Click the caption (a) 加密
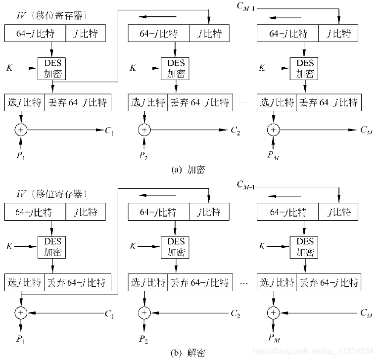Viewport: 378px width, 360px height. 188,170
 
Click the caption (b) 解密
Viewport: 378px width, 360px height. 188,352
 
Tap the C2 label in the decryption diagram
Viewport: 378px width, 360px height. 236,313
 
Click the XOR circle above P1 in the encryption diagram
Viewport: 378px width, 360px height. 21,130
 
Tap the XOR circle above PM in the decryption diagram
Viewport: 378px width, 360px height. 273,313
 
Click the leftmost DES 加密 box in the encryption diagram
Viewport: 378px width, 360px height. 52,68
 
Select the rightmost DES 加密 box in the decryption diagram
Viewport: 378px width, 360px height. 305,247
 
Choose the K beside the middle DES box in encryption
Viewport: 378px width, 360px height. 133,67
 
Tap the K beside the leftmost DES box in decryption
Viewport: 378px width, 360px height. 10,246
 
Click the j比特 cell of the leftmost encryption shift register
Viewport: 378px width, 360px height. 85,34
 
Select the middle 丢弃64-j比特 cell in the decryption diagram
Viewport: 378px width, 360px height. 199,283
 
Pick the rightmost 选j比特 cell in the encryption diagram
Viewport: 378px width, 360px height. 277,103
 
